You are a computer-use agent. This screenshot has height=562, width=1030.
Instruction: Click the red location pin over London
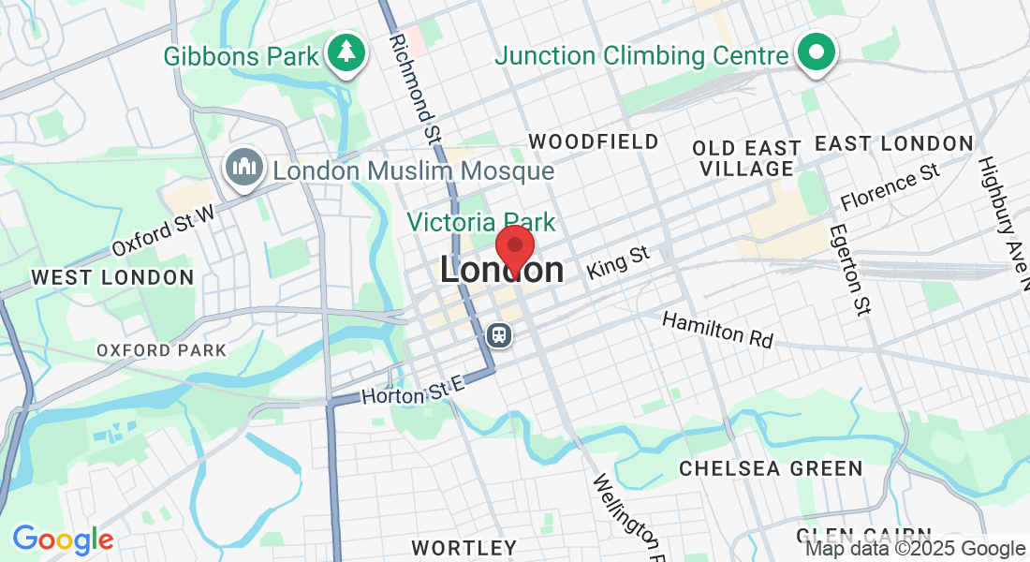tap(514, 247)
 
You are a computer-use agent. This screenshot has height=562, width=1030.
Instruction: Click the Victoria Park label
tap(481, 223)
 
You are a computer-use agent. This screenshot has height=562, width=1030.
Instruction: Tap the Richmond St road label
tap(415, 82)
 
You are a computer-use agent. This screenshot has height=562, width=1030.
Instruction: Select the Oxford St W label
tap(164, 231)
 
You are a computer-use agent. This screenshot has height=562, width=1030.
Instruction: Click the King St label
tap(618, 262)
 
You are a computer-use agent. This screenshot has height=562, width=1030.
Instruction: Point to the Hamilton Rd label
tap(718, 331)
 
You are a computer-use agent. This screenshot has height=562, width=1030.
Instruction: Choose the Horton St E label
tap(413, 390)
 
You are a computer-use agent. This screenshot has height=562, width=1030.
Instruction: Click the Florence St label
tap(890, 186)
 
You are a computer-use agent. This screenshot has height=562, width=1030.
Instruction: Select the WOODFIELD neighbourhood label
tap(594, 141)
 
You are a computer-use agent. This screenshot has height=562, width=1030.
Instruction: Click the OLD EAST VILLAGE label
tap(745, 158)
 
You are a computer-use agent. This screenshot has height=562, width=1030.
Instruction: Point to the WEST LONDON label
tap(112, 277)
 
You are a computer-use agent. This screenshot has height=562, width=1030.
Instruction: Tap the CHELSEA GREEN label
tap(771, 468)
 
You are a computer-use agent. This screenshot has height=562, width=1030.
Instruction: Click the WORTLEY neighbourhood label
tap(464, 547)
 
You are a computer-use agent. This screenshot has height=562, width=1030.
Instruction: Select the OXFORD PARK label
tap(161, 350)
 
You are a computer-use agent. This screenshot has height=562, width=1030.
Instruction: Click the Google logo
tap(63, 540)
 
